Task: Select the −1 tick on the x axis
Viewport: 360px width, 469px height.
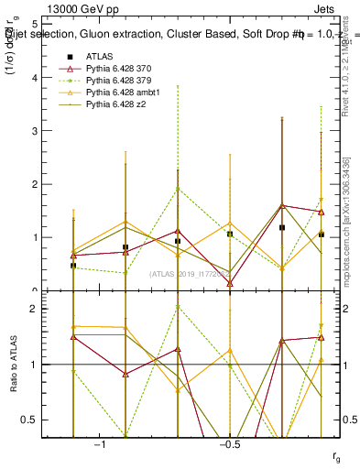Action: point(100,445)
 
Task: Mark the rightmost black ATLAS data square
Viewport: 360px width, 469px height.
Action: point(321,234)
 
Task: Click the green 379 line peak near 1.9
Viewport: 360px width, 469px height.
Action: point(178,189)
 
